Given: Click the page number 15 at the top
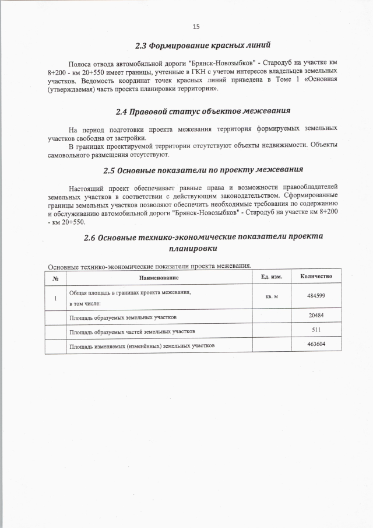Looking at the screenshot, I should pos(196,26).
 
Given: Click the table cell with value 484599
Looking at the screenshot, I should pos(316,296).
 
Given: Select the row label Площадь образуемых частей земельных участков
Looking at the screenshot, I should pos(132,331).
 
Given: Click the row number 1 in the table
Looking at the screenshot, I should pos(55,298).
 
